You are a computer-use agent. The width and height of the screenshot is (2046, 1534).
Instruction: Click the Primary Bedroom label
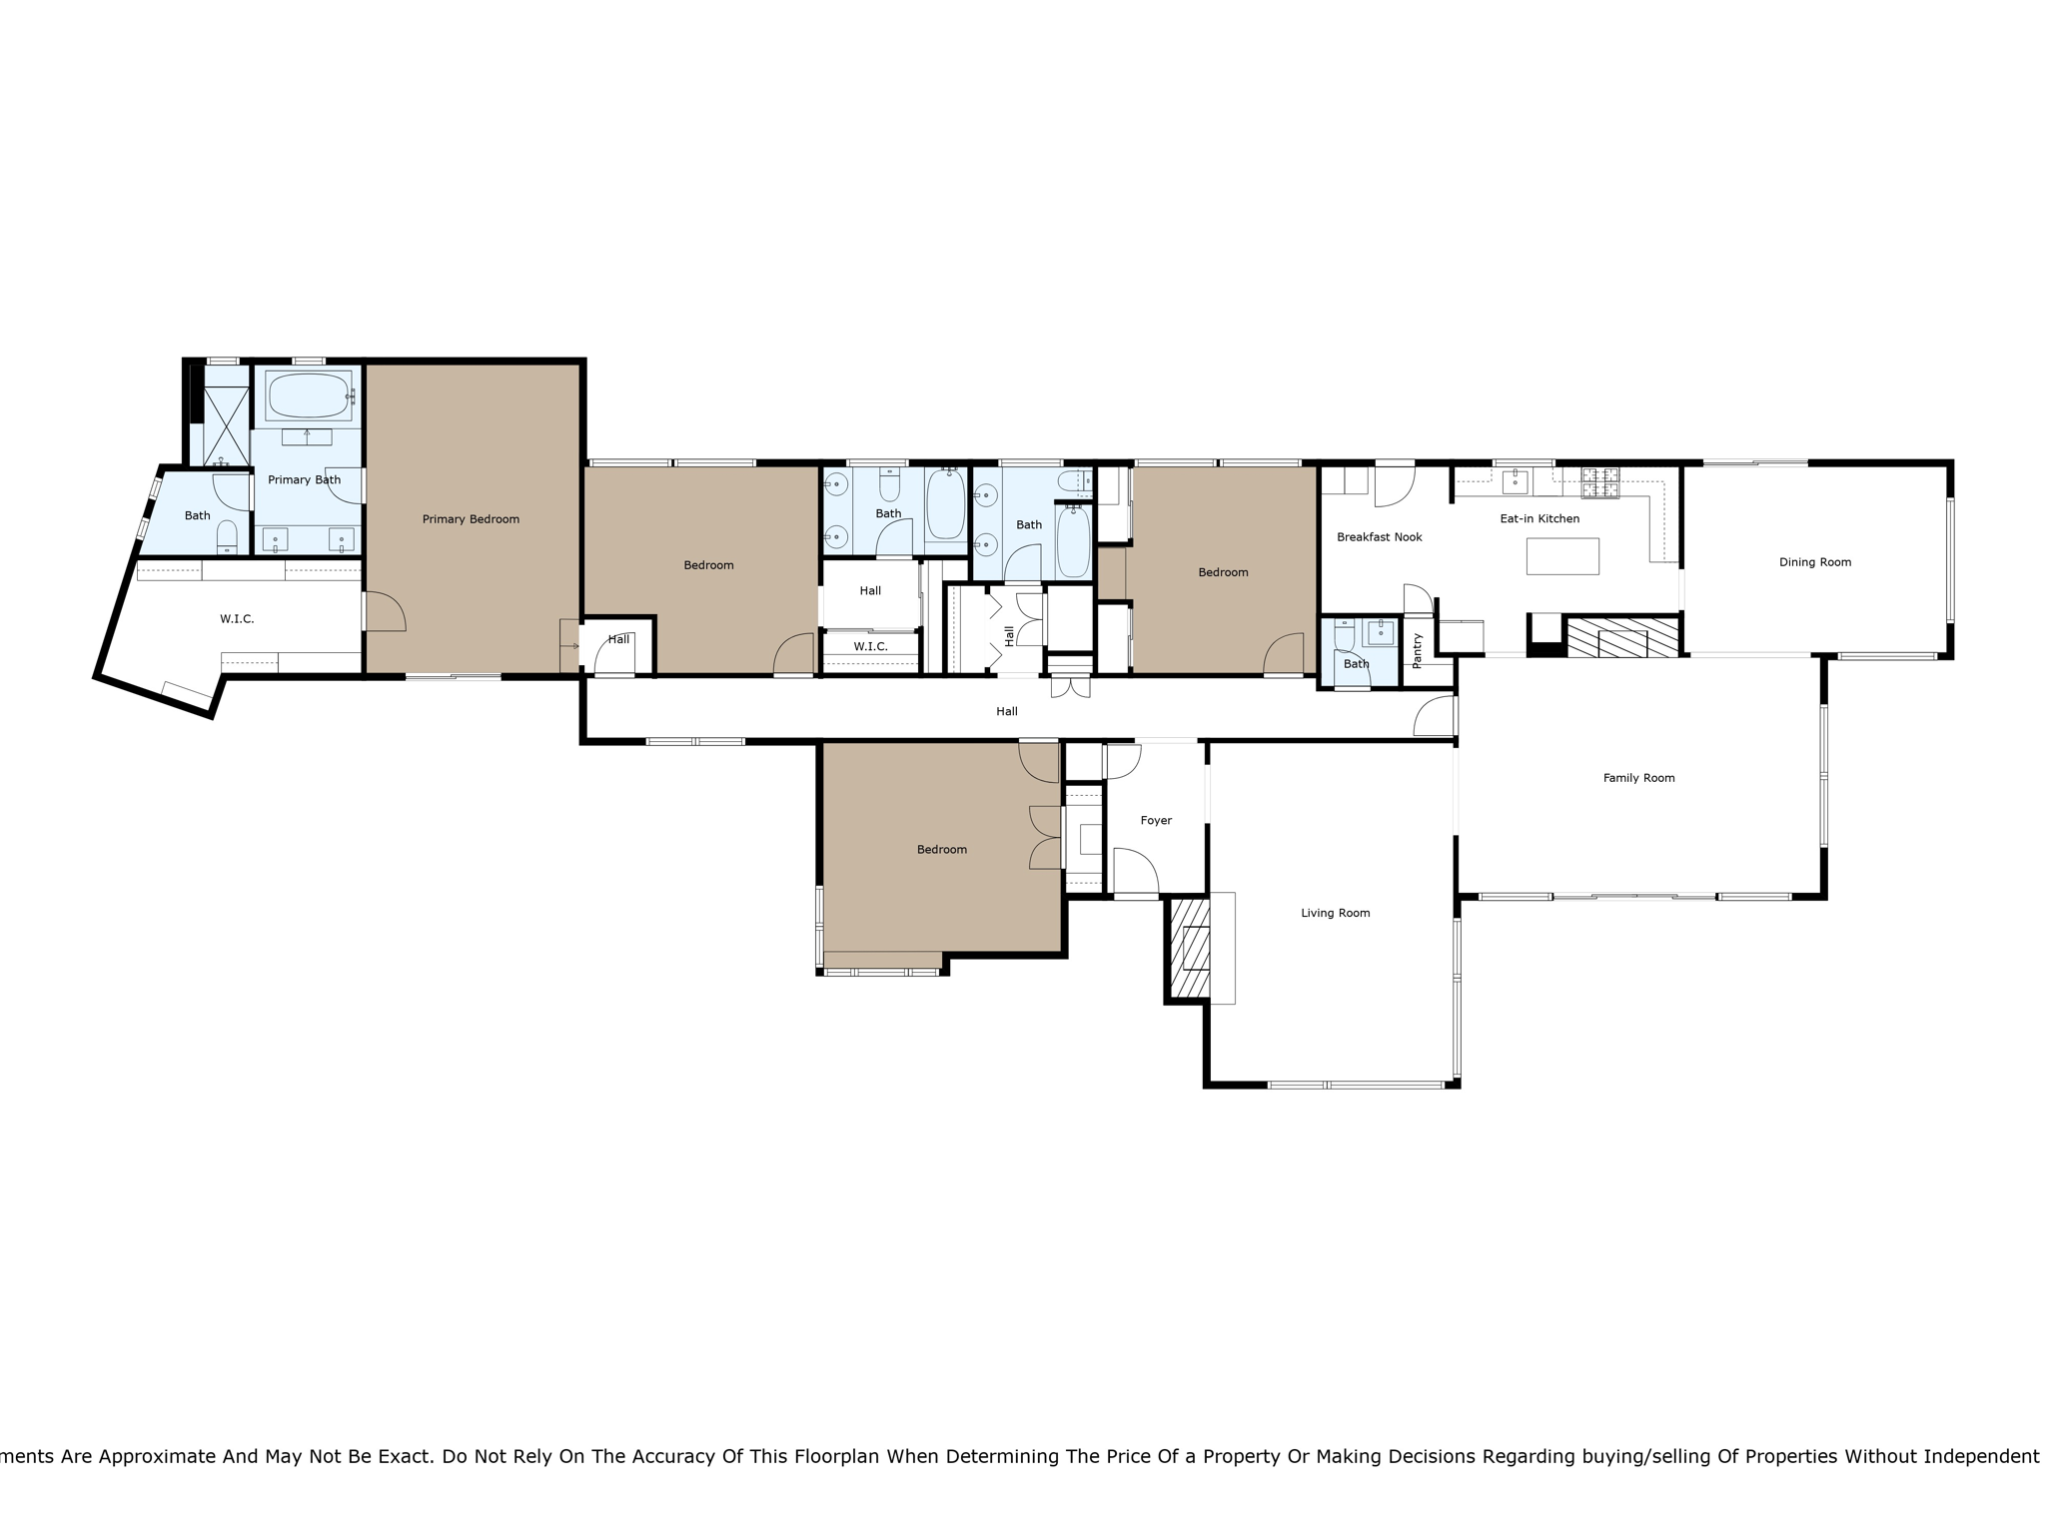471,519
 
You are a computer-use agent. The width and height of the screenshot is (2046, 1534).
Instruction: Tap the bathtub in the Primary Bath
309,395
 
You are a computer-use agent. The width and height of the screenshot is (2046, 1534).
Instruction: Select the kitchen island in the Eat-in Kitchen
1561,556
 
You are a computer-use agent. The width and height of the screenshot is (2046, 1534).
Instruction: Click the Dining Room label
1814,562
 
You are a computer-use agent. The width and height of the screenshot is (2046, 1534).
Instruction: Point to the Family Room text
1638,778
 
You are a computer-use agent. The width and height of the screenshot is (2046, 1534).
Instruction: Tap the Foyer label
1156,820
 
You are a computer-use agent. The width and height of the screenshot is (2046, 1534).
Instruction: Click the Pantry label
1417,650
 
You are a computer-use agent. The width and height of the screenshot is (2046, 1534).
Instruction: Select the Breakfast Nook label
1379,537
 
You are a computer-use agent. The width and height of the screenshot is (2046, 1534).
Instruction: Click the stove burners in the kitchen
1599,482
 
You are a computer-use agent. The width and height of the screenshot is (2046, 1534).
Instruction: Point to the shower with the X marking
226,425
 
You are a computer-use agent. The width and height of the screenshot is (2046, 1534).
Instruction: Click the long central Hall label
1006,711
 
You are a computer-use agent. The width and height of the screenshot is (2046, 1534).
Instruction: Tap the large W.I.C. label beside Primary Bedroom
237,619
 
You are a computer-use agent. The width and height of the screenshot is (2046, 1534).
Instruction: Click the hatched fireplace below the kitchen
1622,637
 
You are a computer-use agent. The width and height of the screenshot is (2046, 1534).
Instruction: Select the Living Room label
1335,913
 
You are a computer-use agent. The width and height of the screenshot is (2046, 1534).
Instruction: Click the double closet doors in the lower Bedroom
1045,837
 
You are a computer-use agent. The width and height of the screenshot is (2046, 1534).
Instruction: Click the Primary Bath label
304,480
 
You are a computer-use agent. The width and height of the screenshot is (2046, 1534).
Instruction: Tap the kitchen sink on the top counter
1515,482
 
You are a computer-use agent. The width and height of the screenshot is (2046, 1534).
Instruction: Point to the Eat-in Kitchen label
1538,518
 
